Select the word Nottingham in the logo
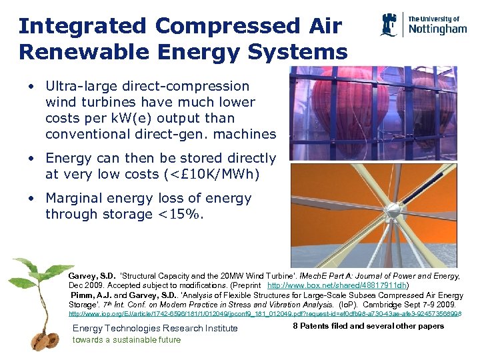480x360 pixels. (x=437, y=29)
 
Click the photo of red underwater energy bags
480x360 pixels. (x=377, y=113)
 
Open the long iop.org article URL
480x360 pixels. (x=265, y=313)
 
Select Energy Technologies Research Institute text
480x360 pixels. (x=155, y=328)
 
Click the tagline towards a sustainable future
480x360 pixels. (x=126, y=339)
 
